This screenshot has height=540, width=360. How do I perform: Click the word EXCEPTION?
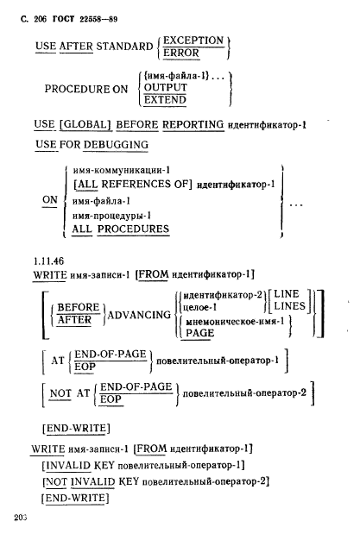(193, 41)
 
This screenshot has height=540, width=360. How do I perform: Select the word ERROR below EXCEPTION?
(181, 53)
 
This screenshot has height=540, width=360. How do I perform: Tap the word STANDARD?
(124, 46)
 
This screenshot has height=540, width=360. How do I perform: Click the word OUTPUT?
(165, 87)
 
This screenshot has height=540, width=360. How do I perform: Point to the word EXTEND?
(165, 100)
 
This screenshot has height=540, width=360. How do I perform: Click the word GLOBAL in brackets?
(85, 124)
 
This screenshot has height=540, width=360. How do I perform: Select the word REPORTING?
(193, 124)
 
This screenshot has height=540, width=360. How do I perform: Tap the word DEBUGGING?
(116, 145)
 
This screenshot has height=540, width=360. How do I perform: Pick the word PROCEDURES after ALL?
(133, 229)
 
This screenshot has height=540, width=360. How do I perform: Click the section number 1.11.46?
(48, 261)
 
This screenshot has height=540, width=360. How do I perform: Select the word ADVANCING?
(139, 315)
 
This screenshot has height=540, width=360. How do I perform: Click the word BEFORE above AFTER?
(79, 307)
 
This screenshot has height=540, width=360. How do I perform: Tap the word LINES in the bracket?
(290, 306)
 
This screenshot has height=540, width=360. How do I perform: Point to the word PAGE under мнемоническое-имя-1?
(200, 333)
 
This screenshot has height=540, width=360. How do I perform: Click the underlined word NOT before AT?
(60, 393)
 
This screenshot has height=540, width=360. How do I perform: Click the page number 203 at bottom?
(21, 518)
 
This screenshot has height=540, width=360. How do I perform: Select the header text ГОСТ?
(63, 19)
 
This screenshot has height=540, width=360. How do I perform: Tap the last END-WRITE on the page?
(75, 499)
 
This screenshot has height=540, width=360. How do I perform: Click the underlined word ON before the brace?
(50, 200)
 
